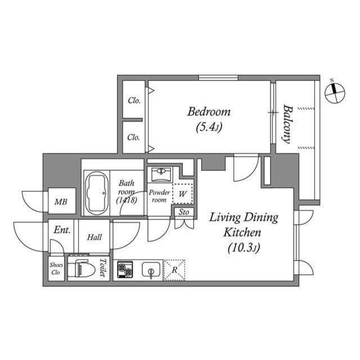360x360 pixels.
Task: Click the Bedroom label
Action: tap(209, 112)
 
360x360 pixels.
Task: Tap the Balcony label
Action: tap(287, 124)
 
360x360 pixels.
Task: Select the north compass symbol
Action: tap(335, 92)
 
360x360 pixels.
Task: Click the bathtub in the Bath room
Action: tap(97, 193)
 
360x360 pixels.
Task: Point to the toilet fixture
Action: tap(82, 268)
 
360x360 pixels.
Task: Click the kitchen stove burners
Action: tap(125, 269)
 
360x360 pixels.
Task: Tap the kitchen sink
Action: tap(151, 269)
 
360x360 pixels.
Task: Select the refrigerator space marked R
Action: tap(174, 270)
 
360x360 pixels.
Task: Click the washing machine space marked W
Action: tap(182, 193)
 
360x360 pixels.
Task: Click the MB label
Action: tap(61, 202)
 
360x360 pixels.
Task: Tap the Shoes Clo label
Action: tap(56, 268)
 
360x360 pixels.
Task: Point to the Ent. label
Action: tap(62, 230)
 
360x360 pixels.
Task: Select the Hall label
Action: tap(94, 237)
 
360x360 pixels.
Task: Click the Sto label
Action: tap(184, 212)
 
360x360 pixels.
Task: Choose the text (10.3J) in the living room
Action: tap(244, 248)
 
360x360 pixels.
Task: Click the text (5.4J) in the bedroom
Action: tap(209, 128)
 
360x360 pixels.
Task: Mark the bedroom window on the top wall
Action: tap(218, 78)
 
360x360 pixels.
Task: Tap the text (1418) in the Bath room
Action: tap(127, 200)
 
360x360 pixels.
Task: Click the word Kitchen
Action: tap(242, 232)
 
